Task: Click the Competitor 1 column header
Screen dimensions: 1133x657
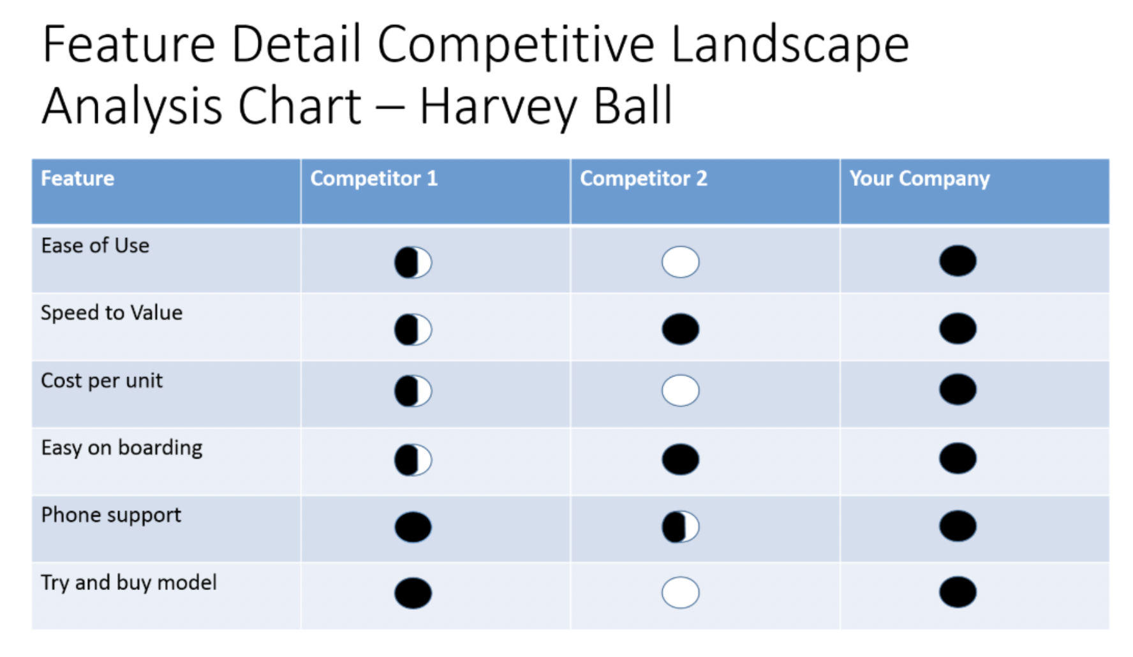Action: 374,179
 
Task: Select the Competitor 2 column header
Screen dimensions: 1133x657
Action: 644,179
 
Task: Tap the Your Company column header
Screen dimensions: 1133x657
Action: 919,179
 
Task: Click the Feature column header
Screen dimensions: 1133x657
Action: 78,179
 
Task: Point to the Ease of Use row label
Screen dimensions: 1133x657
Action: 95,246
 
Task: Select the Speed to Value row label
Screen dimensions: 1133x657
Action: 112,313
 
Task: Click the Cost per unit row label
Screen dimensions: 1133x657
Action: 102,381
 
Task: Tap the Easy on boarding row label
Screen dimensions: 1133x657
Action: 122,448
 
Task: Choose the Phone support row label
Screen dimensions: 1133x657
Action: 111,515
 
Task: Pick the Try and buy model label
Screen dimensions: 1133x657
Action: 129,583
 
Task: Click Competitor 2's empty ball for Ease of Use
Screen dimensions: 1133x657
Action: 681,262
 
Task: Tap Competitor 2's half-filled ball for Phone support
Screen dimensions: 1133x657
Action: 681,527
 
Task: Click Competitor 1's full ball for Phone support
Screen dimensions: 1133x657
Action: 413,527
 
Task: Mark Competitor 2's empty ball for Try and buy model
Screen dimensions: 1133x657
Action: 681,593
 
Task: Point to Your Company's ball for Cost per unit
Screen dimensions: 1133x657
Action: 958,390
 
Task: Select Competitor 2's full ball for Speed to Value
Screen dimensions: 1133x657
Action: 681,329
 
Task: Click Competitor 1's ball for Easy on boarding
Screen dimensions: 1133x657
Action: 413,460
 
